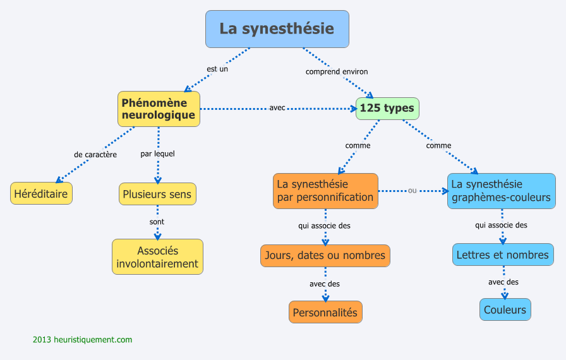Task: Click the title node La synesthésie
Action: (277, 29)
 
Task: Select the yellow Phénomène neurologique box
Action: (159, 109)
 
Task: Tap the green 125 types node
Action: (387, 109)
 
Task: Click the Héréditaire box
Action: (41, 193)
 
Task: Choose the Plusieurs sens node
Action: (157, 194)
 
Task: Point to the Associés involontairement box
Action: (157, 257)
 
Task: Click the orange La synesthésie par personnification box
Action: (325, 191)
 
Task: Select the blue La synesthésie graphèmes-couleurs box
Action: (501, 191)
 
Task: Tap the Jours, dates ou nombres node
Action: (325, 256)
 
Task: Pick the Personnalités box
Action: (325, 312)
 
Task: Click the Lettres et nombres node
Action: (503, 255)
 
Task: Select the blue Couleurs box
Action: (505, 309)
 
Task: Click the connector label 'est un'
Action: (217, 69)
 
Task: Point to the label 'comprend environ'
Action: (337, 72)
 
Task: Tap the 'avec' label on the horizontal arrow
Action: (277, 108)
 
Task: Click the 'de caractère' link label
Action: (95, 154)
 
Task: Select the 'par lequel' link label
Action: (157, 153)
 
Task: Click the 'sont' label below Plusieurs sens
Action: (157, 222)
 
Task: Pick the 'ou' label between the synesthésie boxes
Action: (412, 190)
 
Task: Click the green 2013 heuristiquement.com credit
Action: (83, 340)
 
